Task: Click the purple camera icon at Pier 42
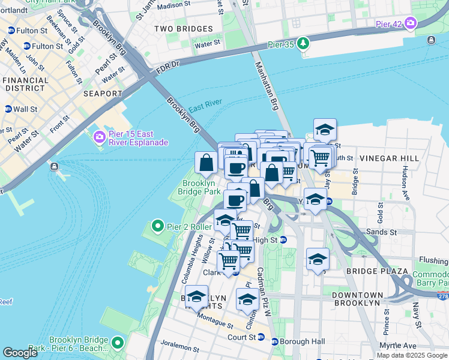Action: tap(411, 23)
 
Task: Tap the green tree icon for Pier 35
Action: tap(304, 43)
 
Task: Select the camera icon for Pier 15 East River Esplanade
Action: tap(98, 137)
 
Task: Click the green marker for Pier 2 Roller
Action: tap(158, 226)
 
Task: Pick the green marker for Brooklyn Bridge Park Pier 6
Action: tap(118, 343)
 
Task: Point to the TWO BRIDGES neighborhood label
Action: tap(183, 29)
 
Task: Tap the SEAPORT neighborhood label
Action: tap(103, 94)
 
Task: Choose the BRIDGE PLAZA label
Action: tap(369, 272)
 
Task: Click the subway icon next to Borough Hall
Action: tap(275, 341)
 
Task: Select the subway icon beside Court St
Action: tap(261, 337)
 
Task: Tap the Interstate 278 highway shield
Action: tap(443, 296)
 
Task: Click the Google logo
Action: tap(20, 353)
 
